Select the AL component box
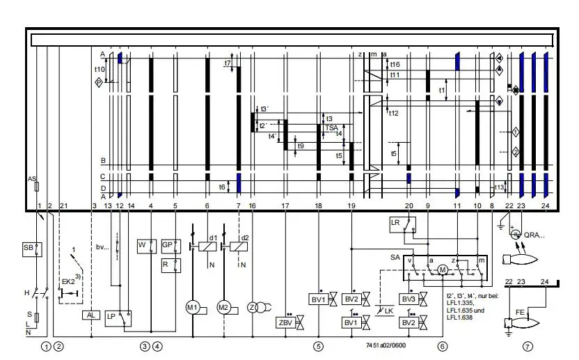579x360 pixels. pyautogui.click(x=92, y=315)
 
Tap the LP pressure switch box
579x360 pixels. pyautogui.click(x=112, y=315)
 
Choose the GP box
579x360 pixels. pyautogui.click(x=168, y=245)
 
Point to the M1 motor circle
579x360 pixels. pyautogui.click(x=192, y=307)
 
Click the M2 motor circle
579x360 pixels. pyautogui.click(x=223, y=307)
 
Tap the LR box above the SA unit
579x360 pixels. pyautogui.click(x=395, y=222)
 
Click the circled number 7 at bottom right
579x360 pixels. pyautogui.click(x=528, y=345)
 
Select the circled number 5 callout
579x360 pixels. pyautogui.click(x=318, y=345)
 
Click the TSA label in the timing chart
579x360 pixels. pyautogui.click(x=331, y=128)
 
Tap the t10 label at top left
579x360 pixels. pyautogui.click(x=100, y=70)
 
